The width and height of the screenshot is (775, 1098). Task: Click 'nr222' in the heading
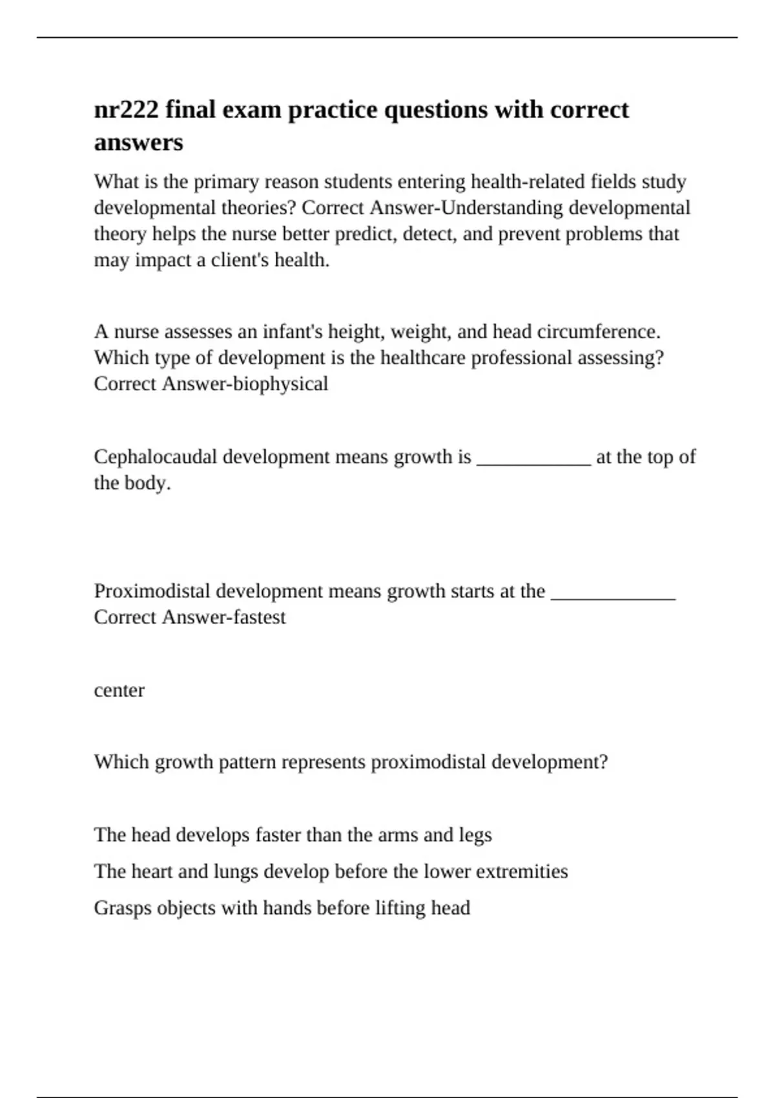[126, 110]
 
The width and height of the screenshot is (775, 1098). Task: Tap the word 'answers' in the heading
[138, 142]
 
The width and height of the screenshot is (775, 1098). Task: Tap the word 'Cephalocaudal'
[156, 457]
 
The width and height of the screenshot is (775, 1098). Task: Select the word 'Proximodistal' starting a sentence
[152, 592]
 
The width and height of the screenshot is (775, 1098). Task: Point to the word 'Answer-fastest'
[223, 617]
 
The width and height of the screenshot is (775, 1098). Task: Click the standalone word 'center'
[119, 690]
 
